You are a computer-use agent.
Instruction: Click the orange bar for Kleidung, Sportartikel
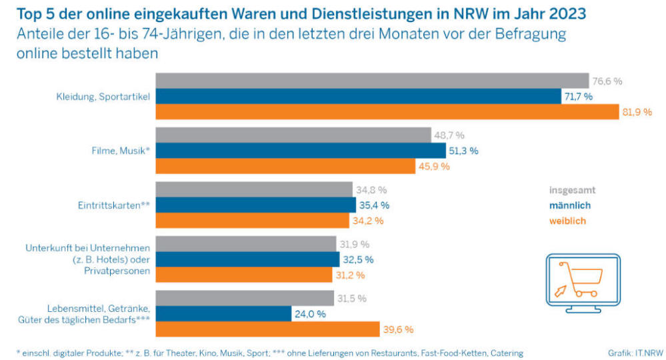(387, 111)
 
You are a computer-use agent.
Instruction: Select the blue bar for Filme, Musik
(301, 151)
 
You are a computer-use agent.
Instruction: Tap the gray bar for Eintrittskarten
(254, 189)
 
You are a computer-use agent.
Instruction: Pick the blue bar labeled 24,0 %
(223, 314)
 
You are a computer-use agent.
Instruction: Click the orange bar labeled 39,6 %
(267, 329)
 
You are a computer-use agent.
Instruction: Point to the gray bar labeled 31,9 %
(246, 244)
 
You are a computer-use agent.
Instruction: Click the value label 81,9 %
(637, 112)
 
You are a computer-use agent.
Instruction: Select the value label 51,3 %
(464, 151)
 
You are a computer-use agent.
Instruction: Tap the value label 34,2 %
(368, 221)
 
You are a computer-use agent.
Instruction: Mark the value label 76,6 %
(607, 81)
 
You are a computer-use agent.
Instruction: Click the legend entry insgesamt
(572, 190)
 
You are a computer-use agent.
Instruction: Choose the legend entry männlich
(570, 205)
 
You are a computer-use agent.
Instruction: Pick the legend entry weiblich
(567, 221)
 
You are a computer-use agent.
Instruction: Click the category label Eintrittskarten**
(114, 205)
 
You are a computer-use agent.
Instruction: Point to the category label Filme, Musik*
(121, 151)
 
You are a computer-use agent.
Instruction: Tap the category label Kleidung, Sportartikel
(103, 97)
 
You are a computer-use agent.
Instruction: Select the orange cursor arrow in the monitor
(561, 291)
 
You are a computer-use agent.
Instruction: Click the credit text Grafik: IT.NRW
(635, 353)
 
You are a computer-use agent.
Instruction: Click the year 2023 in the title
(567, 13)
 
